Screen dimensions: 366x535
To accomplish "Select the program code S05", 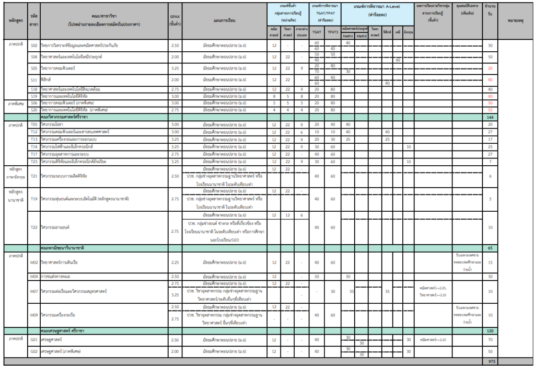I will (x=34, y=68).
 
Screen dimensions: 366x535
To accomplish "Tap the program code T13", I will (x=34, y=140).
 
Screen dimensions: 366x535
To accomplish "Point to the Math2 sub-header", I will (x=362, y=36).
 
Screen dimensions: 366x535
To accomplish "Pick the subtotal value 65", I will (x=490, y=247).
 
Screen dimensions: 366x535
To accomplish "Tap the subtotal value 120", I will (x=490, y=331).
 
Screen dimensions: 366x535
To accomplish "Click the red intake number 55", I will (x=490, y=110).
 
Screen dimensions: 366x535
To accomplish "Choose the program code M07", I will (x=34, y=291).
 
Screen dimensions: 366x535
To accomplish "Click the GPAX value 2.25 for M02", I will (x=175, y=262).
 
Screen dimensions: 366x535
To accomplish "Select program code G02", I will (x=34, y=352).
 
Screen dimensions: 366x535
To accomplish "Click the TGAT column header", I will (x=317, y=32).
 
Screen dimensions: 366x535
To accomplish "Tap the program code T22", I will (x=34, y=227).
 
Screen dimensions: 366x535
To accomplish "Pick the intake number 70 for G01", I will (x=490, y=340).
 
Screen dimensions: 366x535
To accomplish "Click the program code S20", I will (x=34, y=110).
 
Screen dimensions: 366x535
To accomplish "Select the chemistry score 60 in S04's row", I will (x=398, y=60).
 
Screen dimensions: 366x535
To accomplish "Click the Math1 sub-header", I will (x=348, y=36).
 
